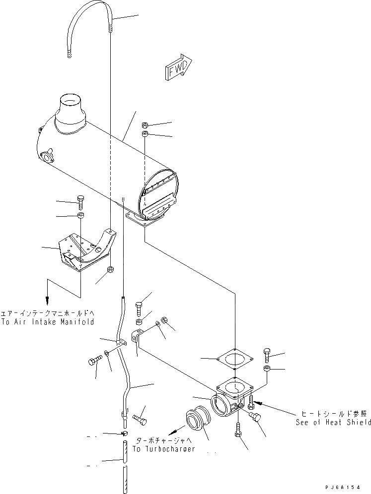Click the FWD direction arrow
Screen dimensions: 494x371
pyautogui.click(x=177, y=66)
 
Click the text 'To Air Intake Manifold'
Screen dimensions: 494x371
pyautogui.click(x=47, y=322)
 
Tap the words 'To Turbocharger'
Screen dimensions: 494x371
pyautogui.click(x=163, y=449)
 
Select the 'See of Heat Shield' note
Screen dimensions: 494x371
pyautogui.click(x=333, y=422)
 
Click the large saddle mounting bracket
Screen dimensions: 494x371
pyautogui.click(x=84, y=250)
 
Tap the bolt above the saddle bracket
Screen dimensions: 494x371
pyautogui.click(x=81, y=201)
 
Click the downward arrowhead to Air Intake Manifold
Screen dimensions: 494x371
pyautogui.click(x=47, y=301)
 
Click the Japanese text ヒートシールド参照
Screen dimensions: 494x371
pyautogui.click(x=333, y=413)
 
